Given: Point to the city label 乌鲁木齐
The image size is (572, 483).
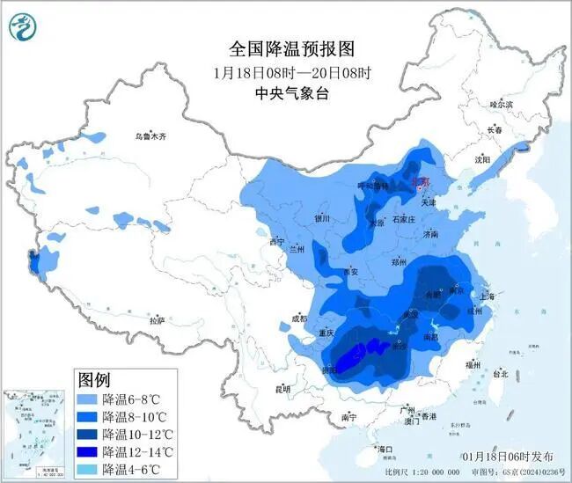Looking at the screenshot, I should point(150,136).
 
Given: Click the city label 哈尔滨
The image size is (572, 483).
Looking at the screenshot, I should point(500,104).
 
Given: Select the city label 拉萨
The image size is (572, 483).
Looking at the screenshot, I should point(157,321).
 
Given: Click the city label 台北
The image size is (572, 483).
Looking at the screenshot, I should point(500,373).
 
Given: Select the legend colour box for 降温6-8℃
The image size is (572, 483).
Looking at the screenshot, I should point(87,399).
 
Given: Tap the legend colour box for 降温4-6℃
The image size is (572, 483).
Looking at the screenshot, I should point(87,469).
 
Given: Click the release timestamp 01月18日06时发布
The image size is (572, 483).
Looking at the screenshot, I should point(508,457).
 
